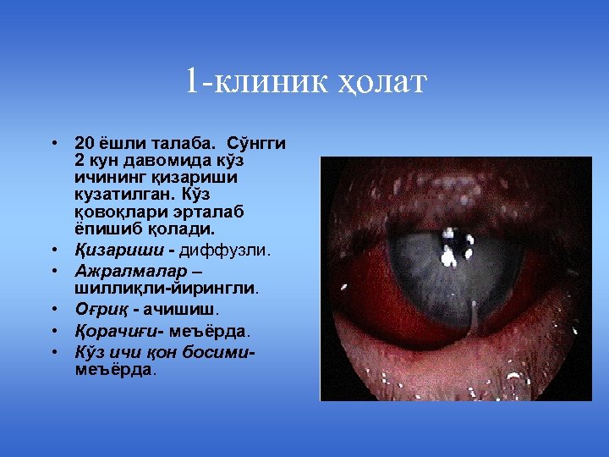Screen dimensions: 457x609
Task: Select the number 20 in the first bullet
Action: pos(83,143)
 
